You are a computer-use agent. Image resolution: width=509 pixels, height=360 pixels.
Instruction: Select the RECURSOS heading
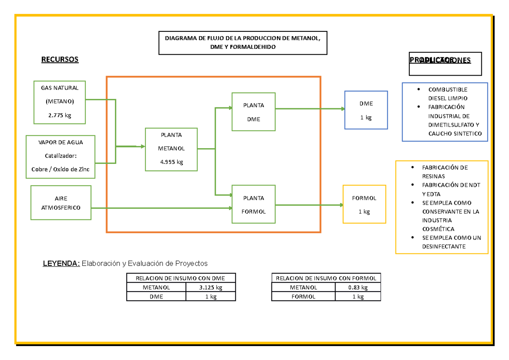60,59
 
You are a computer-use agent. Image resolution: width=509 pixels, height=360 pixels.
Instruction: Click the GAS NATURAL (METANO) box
60,102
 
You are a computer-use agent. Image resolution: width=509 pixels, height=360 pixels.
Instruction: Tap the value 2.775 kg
60,115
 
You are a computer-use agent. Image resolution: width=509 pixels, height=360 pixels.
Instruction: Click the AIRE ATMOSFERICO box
61,203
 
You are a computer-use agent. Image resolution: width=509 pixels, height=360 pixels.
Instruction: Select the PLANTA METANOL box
171,149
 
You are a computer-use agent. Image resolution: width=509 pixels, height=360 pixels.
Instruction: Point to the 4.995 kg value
171,162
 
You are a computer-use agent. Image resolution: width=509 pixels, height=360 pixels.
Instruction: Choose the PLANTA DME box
254,112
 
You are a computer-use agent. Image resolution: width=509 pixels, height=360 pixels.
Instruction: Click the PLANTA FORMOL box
254,204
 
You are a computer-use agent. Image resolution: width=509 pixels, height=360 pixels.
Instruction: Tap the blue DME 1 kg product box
366,110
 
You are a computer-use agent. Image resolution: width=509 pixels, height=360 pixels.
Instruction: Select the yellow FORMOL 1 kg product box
364,204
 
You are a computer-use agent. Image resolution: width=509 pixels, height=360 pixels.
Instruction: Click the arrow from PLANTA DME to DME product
310,109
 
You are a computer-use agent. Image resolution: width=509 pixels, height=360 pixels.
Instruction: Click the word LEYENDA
61,264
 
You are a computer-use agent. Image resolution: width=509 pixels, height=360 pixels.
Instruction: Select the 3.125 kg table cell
211,287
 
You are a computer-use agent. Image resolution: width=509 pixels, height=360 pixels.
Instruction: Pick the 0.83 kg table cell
358,287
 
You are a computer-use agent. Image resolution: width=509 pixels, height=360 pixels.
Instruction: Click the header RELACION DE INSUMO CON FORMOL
326,278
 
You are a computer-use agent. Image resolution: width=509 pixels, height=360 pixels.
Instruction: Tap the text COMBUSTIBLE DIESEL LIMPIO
447,94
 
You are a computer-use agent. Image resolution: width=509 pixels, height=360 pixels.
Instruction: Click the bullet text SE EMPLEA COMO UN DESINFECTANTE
451,242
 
